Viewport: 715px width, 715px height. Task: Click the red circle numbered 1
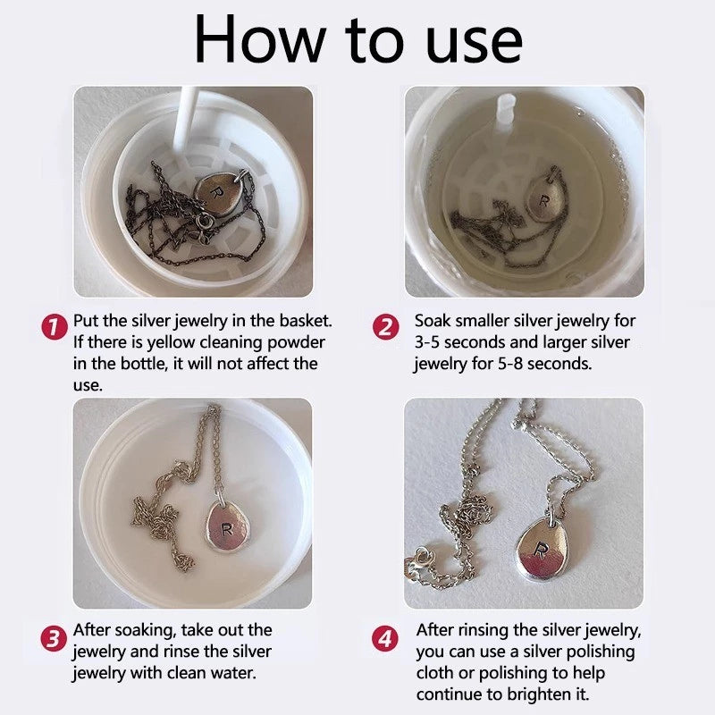click(x=55, y=327)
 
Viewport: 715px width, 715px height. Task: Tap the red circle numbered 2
click(x=385, y=327)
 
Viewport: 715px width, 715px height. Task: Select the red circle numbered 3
click(x=54, y=638)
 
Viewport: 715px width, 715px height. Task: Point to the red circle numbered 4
click(x=385, y=638)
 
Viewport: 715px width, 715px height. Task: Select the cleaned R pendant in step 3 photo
click(x=227, y=526)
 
